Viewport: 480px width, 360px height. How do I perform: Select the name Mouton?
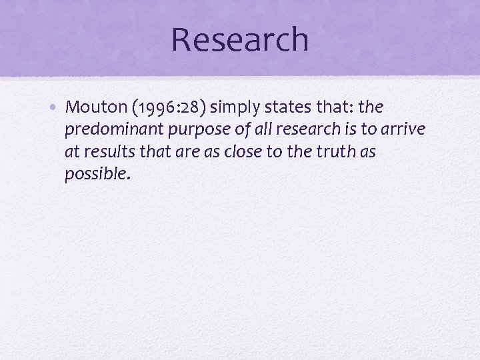pyautogui.click(x=91, y=107)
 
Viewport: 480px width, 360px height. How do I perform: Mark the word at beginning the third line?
pyautogui.click(x=71, y=152)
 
